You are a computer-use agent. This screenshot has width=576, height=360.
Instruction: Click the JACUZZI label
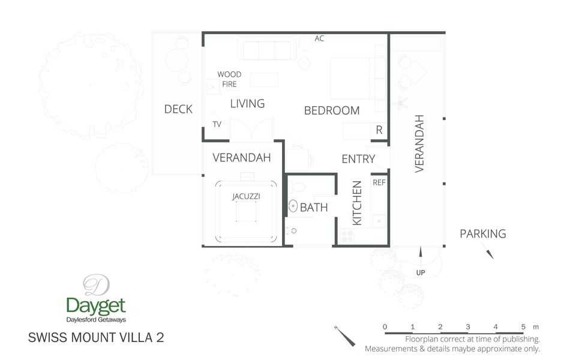(246, 196)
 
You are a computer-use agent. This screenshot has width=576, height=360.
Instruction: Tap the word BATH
(314, 208)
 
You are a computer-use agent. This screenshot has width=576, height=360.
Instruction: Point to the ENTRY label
(358, 159)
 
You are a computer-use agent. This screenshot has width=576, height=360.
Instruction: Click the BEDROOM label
(332, 110)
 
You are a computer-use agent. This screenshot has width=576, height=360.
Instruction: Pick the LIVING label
(247, 104)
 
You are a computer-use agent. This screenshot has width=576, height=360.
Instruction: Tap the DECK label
(178, 109)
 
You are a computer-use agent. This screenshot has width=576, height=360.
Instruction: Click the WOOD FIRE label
(229, 79)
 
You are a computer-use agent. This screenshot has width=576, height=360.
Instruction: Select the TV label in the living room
(217, 124)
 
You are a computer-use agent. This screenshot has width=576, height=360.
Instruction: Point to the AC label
(319, 39)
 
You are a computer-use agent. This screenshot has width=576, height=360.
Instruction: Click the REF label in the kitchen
(379, 182)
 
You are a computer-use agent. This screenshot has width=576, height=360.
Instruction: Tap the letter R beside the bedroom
(379, 130)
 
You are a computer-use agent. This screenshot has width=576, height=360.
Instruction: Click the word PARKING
(483, 234)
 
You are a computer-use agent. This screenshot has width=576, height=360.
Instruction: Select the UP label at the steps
(421, 273)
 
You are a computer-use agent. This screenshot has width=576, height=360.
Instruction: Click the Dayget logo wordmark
(96, 305)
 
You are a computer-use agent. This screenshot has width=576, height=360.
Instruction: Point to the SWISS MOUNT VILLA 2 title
(96, 337)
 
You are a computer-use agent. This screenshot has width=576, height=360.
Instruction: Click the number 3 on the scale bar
(468, 326)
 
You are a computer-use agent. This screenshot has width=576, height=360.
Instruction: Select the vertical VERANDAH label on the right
(419, 143)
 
